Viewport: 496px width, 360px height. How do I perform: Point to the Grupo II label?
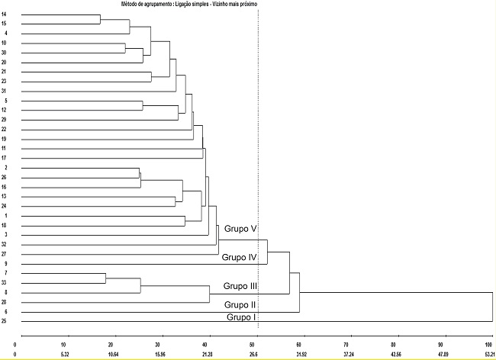[240, 305]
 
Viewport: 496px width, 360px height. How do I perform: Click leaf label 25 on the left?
[5, 322]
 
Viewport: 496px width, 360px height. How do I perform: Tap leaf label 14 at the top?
[5, 15]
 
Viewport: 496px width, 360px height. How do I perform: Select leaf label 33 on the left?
[5, 283]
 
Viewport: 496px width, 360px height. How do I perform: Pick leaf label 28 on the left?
[5, 303]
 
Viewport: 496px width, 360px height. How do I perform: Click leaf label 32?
[5, 244]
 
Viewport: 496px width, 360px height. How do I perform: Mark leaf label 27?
[5, 254]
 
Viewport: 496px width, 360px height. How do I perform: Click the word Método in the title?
[131, 4]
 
